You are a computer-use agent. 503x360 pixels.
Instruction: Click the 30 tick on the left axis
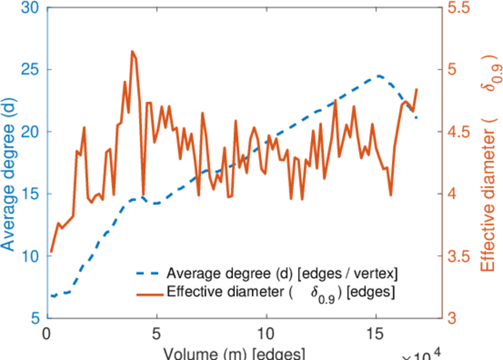pyautogui.click(x=31, y=8)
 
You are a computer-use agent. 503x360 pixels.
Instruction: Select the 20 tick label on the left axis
pyautogui.click(x=31, y=131)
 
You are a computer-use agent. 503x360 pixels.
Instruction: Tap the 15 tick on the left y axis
pyautogui.click(x=31, y=194)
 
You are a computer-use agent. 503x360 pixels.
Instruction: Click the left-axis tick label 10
pyautogui.click(x=31, y=256)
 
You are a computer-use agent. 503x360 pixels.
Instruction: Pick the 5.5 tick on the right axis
pyautogui.click(x=457, y=8)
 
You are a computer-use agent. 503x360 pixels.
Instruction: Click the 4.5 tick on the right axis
pyautogui.click(x=457, y=131)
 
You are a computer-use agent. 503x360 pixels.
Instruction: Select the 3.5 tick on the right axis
pyautogui.click(x=457, y=256)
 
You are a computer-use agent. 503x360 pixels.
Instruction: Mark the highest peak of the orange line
pyautogui.click(x=132, y=52)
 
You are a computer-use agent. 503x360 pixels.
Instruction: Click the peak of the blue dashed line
pyautogui.click(x=379, y=76)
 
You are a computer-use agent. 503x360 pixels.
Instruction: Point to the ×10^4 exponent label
pyautogui.click(x=423, y=354)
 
